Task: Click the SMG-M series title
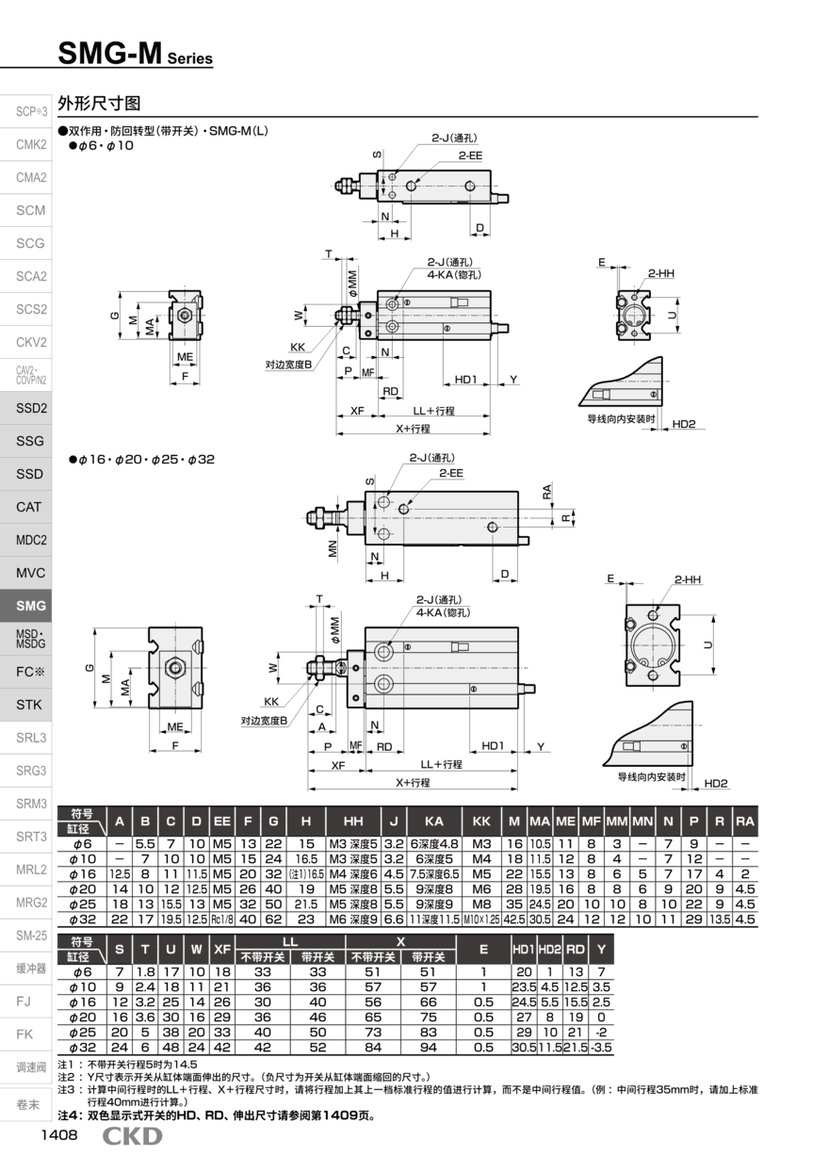(x=135, y=54)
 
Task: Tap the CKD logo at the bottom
(x=132, y=1136)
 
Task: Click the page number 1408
(x=59, y=1134)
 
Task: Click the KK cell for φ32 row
(x=481, y=920)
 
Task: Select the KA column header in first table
(x=433, y=821)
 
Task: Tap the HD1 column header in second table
(x=524, y=949)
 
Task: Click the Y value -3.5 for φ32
(x=601, y=1047)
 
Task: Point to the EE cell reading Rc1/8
(x=221, y=920)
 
